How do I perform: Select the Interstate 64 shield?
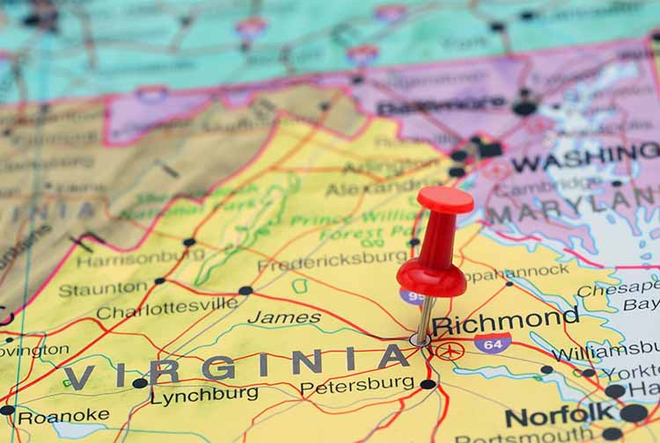492,342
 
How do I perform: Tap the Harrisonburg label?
141,258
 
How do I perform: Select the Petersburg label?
356,385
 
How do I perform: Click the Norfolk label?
560,413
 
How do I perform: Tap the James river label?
283,317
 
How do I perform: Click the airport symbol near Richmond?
449,351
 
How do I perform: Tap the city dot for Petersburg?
428,384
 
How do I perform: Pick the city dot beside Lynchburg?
139,383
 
